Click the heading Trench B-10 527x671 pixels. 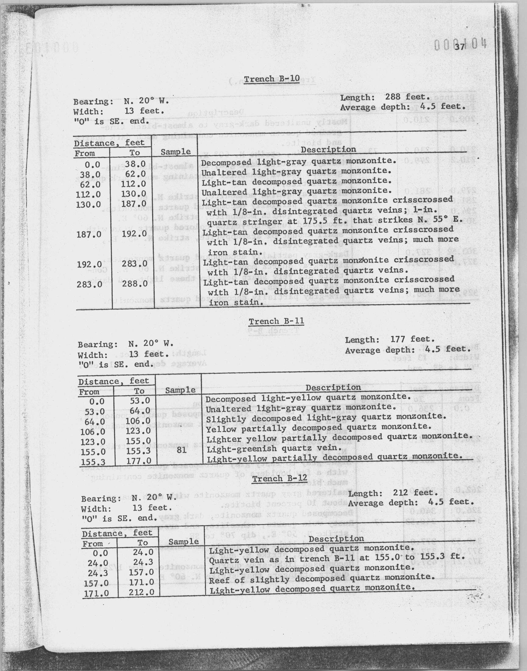coord(271,79)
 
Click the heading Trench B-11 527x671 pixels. coord(276,321)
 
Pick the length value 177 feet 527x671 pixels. coord(412,339)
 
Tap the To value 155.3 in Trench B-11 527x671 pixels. coord(138,451)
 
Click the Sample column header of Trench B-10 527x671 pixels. coord(176,152)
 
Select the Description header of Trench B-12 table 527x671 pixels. coord(336,539)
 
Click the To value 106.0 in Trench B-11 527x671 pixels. coord(138,421)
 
